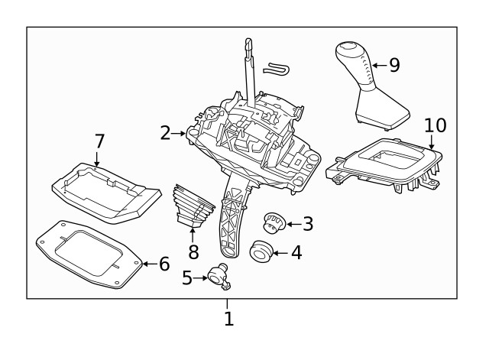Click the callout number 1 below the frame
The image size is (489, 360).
coord(228,318)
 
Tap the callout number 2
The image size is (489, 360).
coord(165,133)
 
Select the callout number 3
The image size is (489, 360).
coord(308,223)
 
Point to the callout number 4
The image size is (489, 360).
coord(296,251)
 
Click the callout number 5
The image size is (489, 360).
coord(187,278)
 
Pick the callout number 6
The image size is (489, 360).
coord(164,264)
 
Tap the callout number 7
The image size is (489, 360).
coord(99,141)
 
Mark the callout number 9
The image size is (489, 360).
coord(394,65)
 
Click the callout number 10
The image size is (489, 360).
coord(435,125)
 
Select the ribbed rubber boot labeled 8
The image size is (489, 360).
coord(193,205)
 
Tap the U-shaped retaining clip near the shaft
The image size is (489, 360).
coord(276,70)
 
